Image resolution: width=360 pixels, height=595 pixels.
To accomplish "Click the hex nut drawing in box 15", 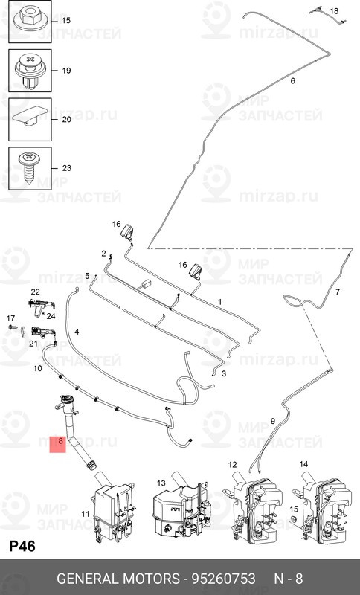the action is [x=30, y=20].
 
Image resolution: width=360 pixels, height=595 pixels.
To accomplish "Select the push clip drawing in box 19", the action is [x=30, y=71].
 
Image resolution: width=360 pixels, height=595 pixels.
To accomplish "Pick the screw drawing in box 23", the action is [x=30, y=168].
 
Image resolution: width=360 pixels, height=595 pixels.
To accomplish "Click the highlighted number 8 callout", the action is [x=58, y=443].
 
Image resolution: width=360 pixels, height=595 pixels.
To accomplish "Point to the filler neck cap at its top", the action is [x=67, y=399].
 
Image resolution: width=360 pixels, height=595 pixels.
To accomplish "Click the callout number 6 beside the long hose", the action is [x=292, y=80].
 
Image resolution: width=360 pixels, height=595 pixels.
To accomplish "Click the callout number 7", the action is [x=337, y=292].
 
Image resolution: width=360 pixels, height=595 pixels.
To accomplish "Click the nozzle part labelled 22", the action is [x=42, y=305].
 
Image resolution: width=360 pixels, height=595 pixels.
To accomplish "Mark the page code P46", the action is [x=22, y=547].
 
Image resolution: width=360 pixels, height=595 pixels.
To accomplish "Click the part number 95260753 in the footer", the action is [x=223, y=579].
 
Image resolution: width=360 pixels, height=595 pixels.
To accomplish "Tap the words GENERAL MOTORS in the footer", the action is [x=118, y=579].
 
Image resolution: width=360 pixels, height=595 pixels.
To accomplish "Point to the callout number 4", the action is [x=77, y=332].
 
